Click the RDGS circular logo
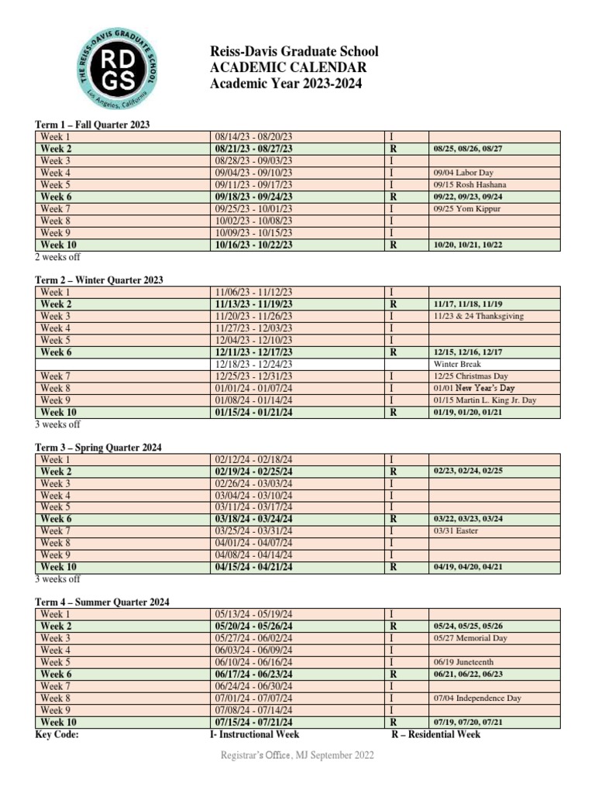(118, 70)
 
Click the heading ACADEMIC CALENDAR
(288, 67)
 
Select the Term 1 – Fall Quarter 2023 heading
(92, 124)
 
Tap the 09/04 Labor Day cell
(463, 173)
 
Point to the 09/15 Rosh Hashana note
(469, 185)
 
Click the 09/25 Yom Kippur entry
(467, 209)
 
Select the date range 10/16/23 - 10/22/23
(254, 245)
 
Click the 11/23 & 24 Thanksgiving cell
(478, 316)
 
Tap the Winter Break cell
(457, 364)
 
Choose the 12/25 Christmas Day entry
(470, 376)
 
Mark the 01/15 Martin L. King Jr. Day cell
(484, 400)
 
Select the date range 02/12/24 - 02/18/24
(254, 459)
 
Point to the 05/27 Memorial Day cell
(470, 638)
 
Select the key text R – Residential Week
(435, 734)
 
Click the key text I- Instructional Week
(255, 734)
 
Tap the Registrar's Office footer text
(297, 755)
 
